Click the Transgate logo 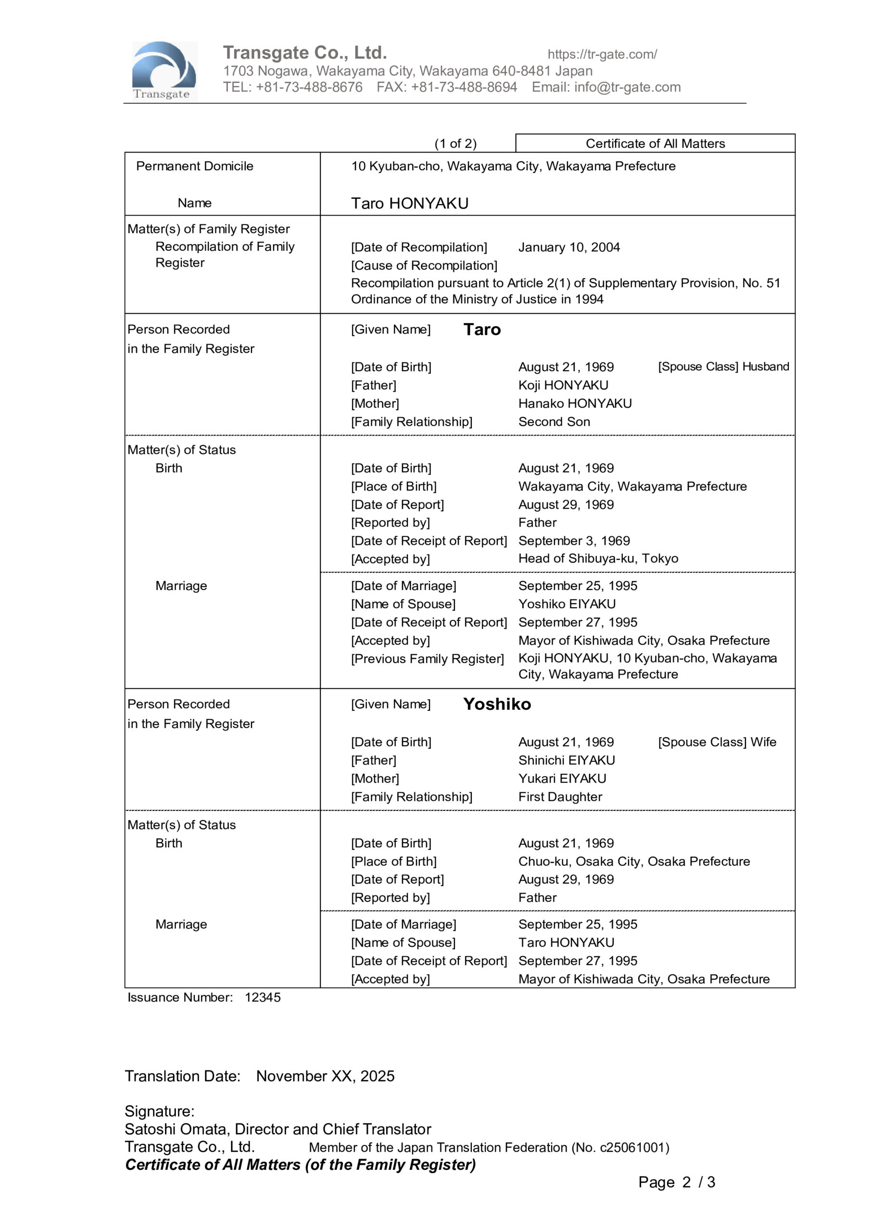pos(164,71)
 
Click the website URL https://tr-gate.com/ pos(602,54)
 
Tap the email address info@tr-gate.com pos(627,88)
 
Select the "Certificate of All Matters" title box pos(655,143)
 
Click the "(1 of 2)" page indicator pos(455,143)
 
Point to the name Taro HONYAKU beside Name pos(410,204)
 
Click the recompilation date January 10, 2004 pos(568,247)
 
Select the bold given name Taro pos(481,330)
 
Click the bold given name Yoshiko pos(497,704)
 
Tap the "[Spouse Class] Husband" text pos(723,367)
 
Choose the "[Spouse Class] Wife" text pos(717,742)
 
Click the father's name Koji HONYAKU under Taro pos(563,385)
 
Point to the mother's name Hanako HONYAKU pos(575,403)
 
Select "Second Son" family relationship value pos(554,422)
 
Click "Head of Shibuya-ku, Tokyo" pos(598,559)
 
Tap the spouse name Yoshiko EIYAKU pos(567,604)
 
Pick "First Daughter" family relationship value pos(560,797)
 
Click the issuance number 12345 pos(262,998)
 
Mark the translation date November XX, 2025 pos(325,1077)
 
